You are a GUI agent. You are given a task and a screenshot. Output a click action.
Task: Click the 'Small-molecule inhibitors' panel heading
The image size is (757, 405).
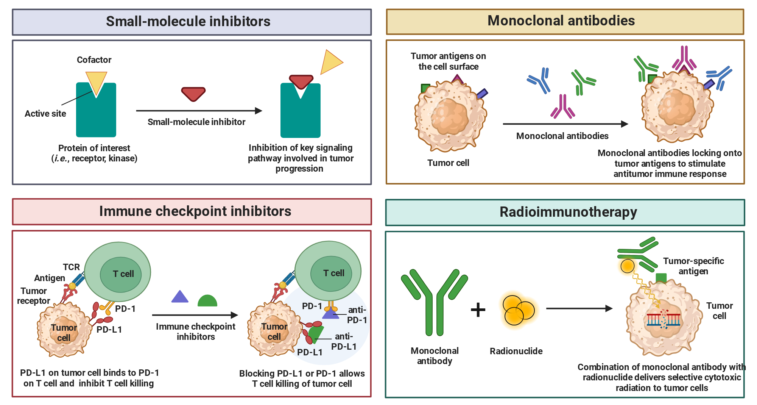(x=188, y=21)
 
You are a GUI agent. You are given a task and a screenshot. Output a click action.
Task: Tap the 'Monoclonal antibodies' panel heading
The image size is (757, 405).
(x=561, y=20)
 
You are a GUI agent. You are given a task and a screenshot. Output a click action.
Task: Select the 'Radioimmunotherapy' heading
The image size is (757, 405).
(x=568, y=212)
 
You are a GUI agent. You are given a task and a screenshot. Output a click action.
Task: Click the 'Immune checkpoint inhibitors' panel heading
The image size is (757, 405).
(x=195, y=211)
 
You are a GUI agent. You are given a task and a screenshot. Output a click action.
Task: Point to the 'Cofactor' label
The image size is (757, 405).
(x=94, y=60)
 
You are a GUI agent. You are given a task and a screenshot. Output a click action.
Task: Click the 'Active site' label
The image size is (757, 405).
(x=45, y=114)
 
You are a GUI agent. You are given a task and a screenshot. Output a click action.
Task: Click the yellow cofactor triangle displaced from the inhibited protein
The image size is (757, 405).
(x=331, y=62)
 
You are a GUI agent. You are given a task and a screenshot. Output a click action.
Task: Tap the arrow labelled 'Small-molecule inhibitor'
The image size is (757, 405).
(x=199, y=111)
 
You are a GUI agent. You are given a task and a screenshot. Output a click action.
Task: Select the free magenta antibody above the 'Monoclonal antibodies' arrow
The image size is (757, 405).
(x=563, y=106)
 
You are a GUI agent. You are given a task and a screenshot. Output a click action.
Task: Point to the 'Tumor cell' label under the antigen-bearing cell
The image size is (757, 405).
(x=448, y=163)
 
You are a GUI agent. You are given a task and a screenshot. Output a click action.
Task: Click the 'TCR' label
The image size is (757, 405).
(x=71, y=267)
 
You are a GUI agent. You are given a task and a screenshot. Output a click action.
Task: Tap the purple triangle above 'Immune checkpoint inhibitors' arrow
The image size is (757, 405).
(x=180, y=297)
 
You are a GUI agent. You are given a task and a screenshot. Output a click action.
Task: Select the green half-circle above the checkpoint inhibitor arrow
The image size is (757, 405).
(x=207, y=301)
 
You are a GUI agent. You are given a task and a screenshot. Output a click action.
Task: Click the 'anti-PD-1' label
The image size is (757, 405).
(x=357, y=315)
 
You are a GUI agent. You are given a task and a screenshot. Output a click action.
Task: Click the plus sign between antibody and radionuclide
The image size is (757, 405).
(x=478, y=310)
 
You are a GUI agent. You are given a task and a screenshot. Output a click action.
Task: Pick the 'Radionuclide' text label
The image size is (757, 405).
(x=516, y=351)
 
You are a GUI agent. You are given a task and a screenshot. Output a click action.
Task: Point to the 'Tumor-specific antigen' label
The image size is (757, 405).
(x=693, y=266)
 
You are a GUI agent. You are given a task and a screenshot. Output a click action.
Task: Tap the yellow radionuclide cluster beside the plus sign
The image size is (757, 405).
(x=518, y=310)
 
